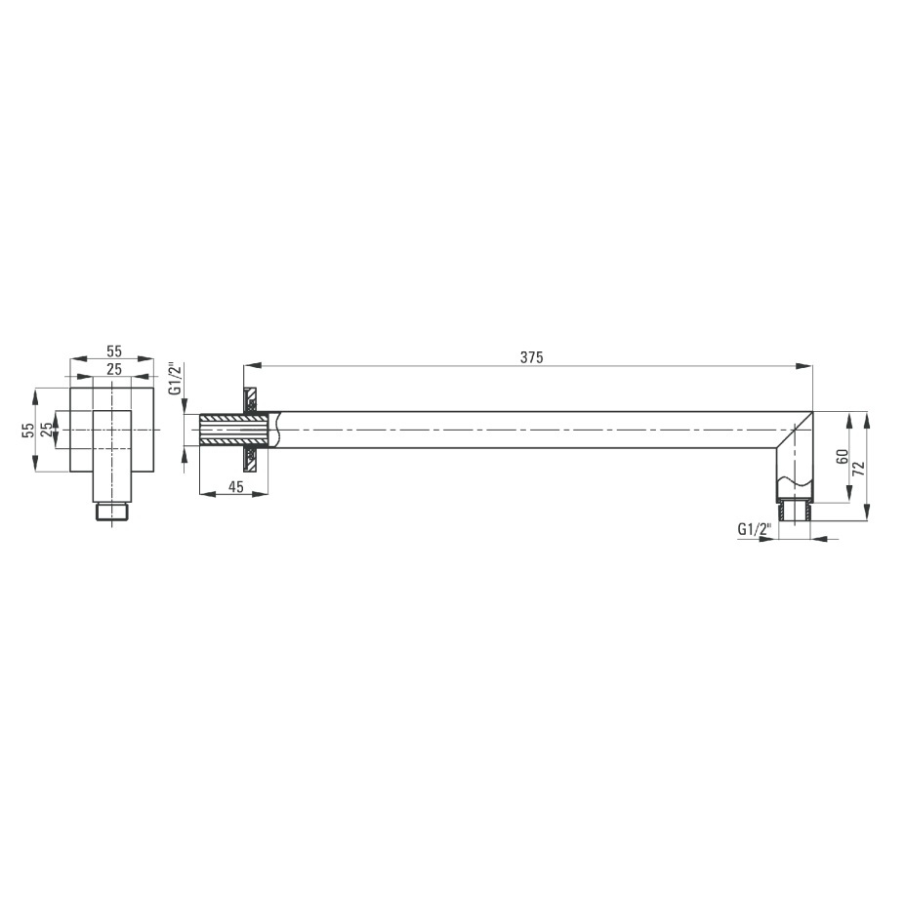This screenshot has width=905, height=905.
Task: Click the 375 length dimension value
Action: tap(531, 357)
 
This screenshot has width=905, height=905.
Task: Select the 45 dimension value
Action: tap(235, 486)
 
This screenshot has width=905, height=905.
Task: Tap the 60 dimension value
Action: tap(843, 456)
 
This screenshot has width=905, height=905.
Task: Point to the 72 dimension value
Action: tap(859, 468)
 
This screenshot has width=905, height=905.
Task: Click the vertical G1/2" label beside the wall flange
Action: tap(176, 379)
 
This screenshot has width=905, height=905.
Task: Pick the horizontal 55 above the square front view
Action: tap(114, 350)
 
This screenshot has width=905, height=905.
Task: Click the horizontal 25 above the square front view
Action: tap(114, 369)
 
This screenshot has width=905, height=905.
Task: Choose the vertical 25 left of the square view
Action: tap(47, 430)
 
